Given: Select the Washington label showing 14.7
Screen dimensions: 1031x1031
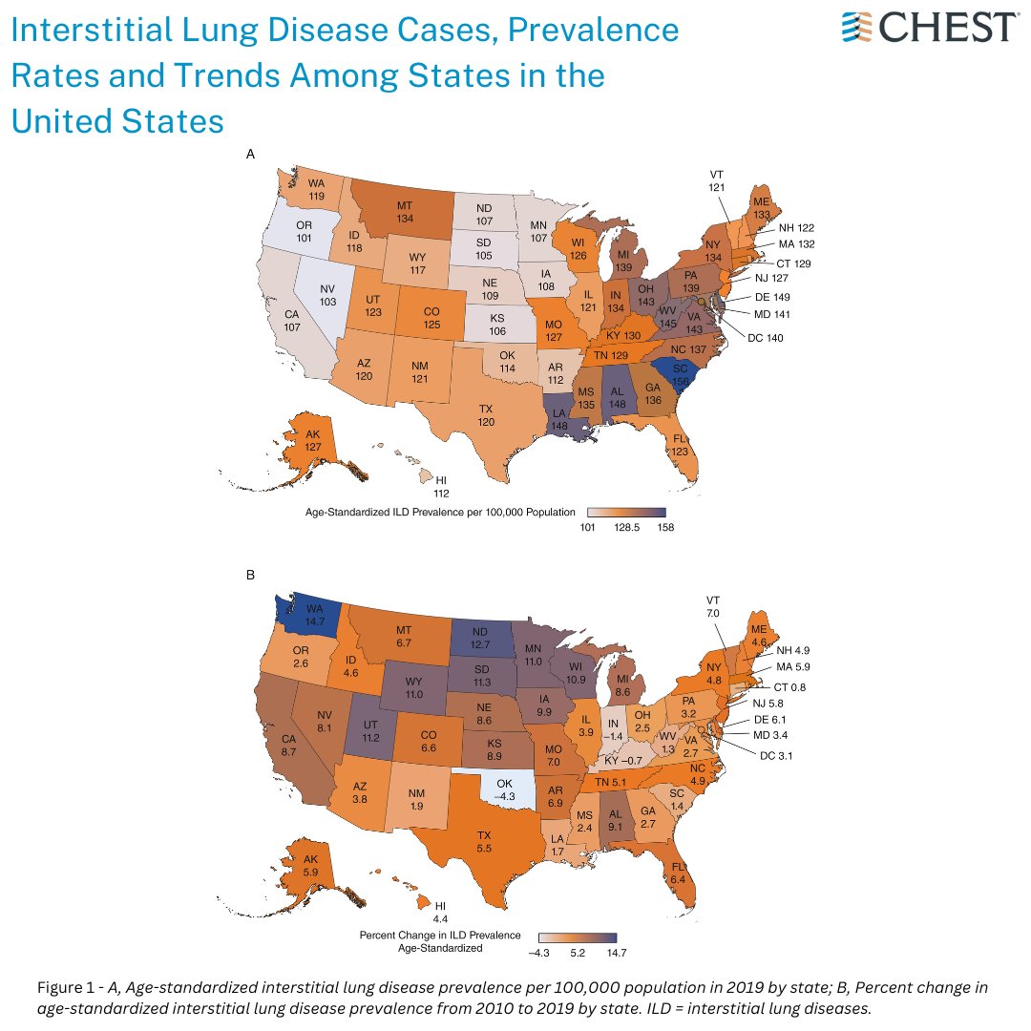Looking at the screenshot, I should (315, 611).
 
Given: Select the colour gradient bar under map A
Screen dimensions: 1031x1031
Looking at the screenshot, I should (625, 513).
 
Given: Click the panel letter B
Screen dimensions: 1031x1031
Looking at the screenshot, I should (250, 576).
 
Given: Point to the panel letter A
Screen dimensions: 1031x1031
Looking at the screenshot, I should (250, 154).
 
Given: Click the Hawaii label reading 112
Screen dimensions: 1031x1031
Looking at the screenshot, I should (441, 487).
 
